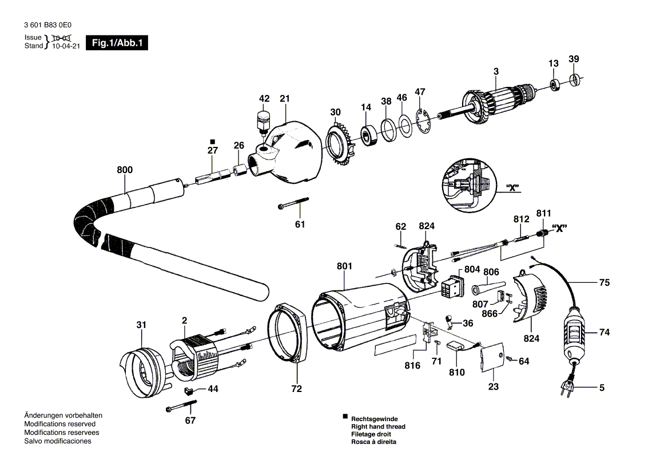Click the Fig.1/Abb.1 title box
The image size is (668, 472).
(x=117, y=43)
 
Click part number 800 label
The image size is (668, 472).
(x=125, y=170)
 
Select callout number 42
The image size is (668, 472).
(x=264, y=99)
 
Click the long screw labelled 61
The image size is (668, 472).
(x=294, y=202)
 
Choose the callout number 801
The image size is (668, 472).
(x=344, y=267)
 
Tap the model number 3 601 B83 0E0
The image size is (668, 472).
(x=48, y=25)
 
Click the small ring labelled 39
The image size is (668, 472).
(x=575, y=79)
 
